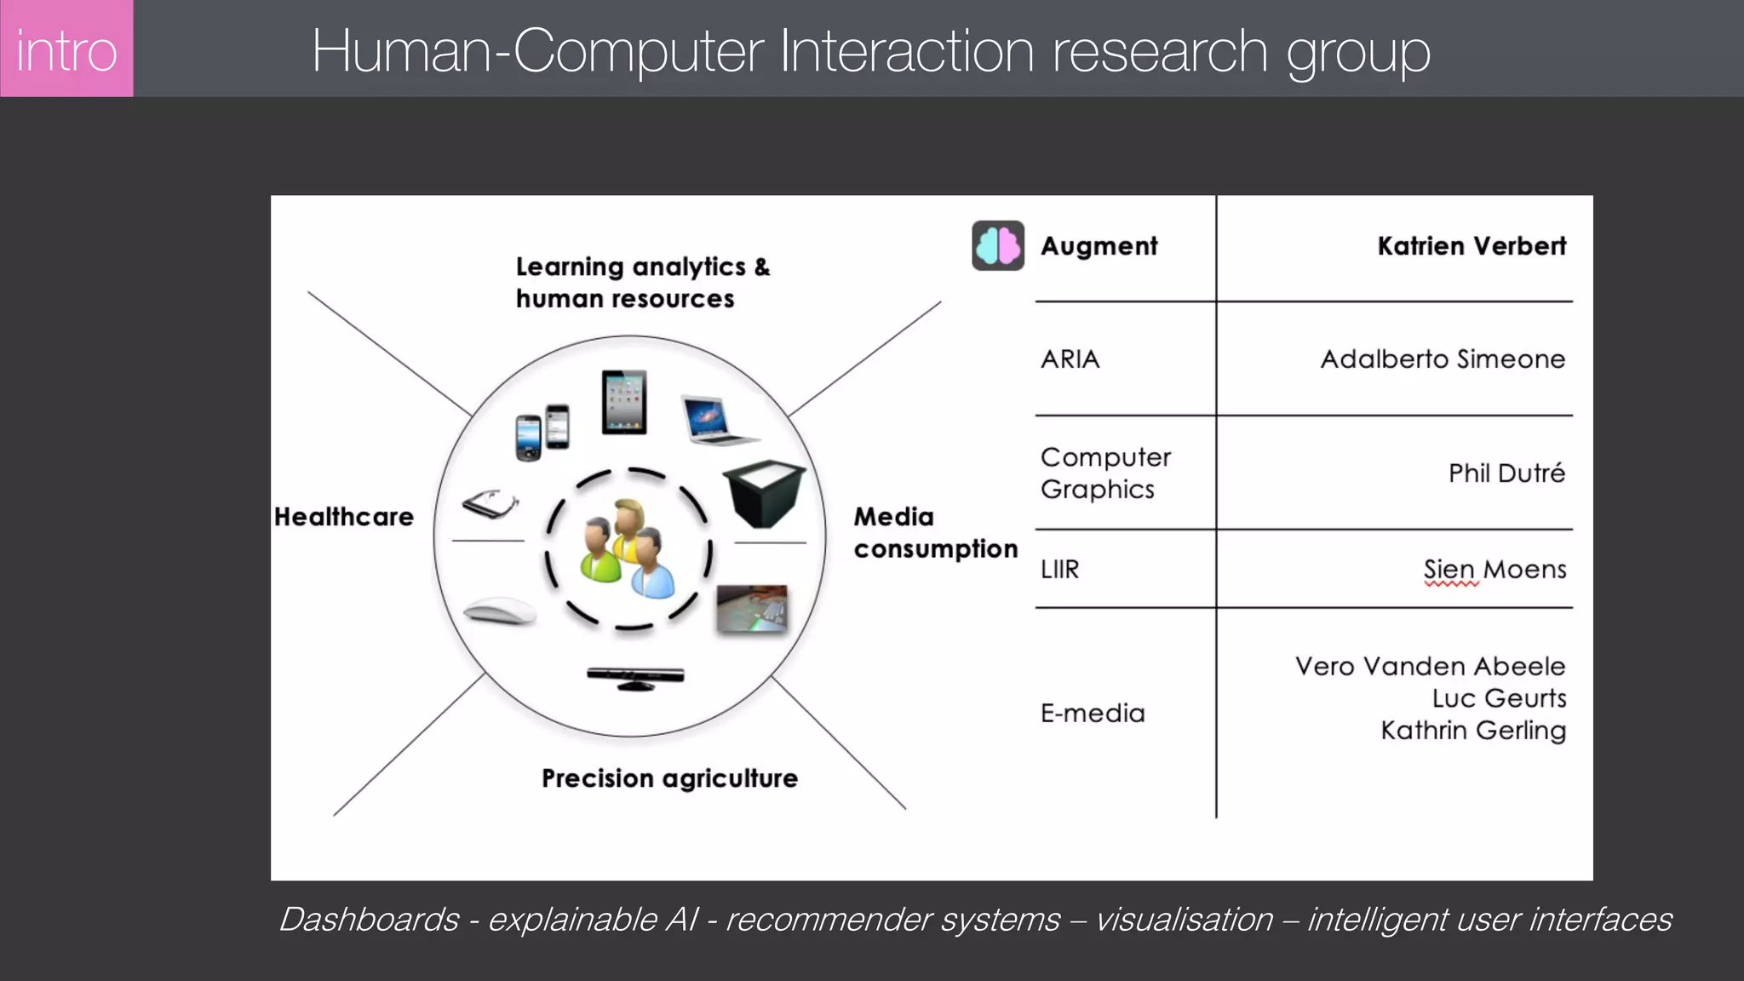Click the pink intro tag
[x=66, y=49]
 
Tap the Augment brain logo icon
[x=998, y=246]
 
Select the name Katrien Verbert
[x=1471, y=246]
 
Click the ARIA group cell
[x=1070, y=359]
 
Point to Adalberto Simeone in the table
[x=1443, y=359]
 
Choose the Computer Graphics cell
[x=1105, y=473]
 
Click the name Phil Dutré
[x=1506, y=473]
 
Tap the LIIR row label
[x=1059, y=569]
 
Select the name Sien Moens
[x=1494, y=569]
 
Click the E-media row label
[x=1093, y=713]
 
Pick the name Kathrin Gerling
[x=1473, y=731]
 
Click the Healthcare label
[x=344, y=517]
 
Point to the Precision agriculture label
[x=669, y=778]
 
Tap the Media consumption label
[x=935, y=533]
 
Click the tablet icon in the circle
[x=624, y=402]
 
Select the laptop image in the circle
[x=716, y=420]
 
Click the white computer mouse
[x=500, y=611]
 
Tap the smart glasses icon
[x=490, y=504]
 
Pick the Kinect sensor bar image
[x=635, y=678]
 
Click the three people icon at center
[x=628, y=548]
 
